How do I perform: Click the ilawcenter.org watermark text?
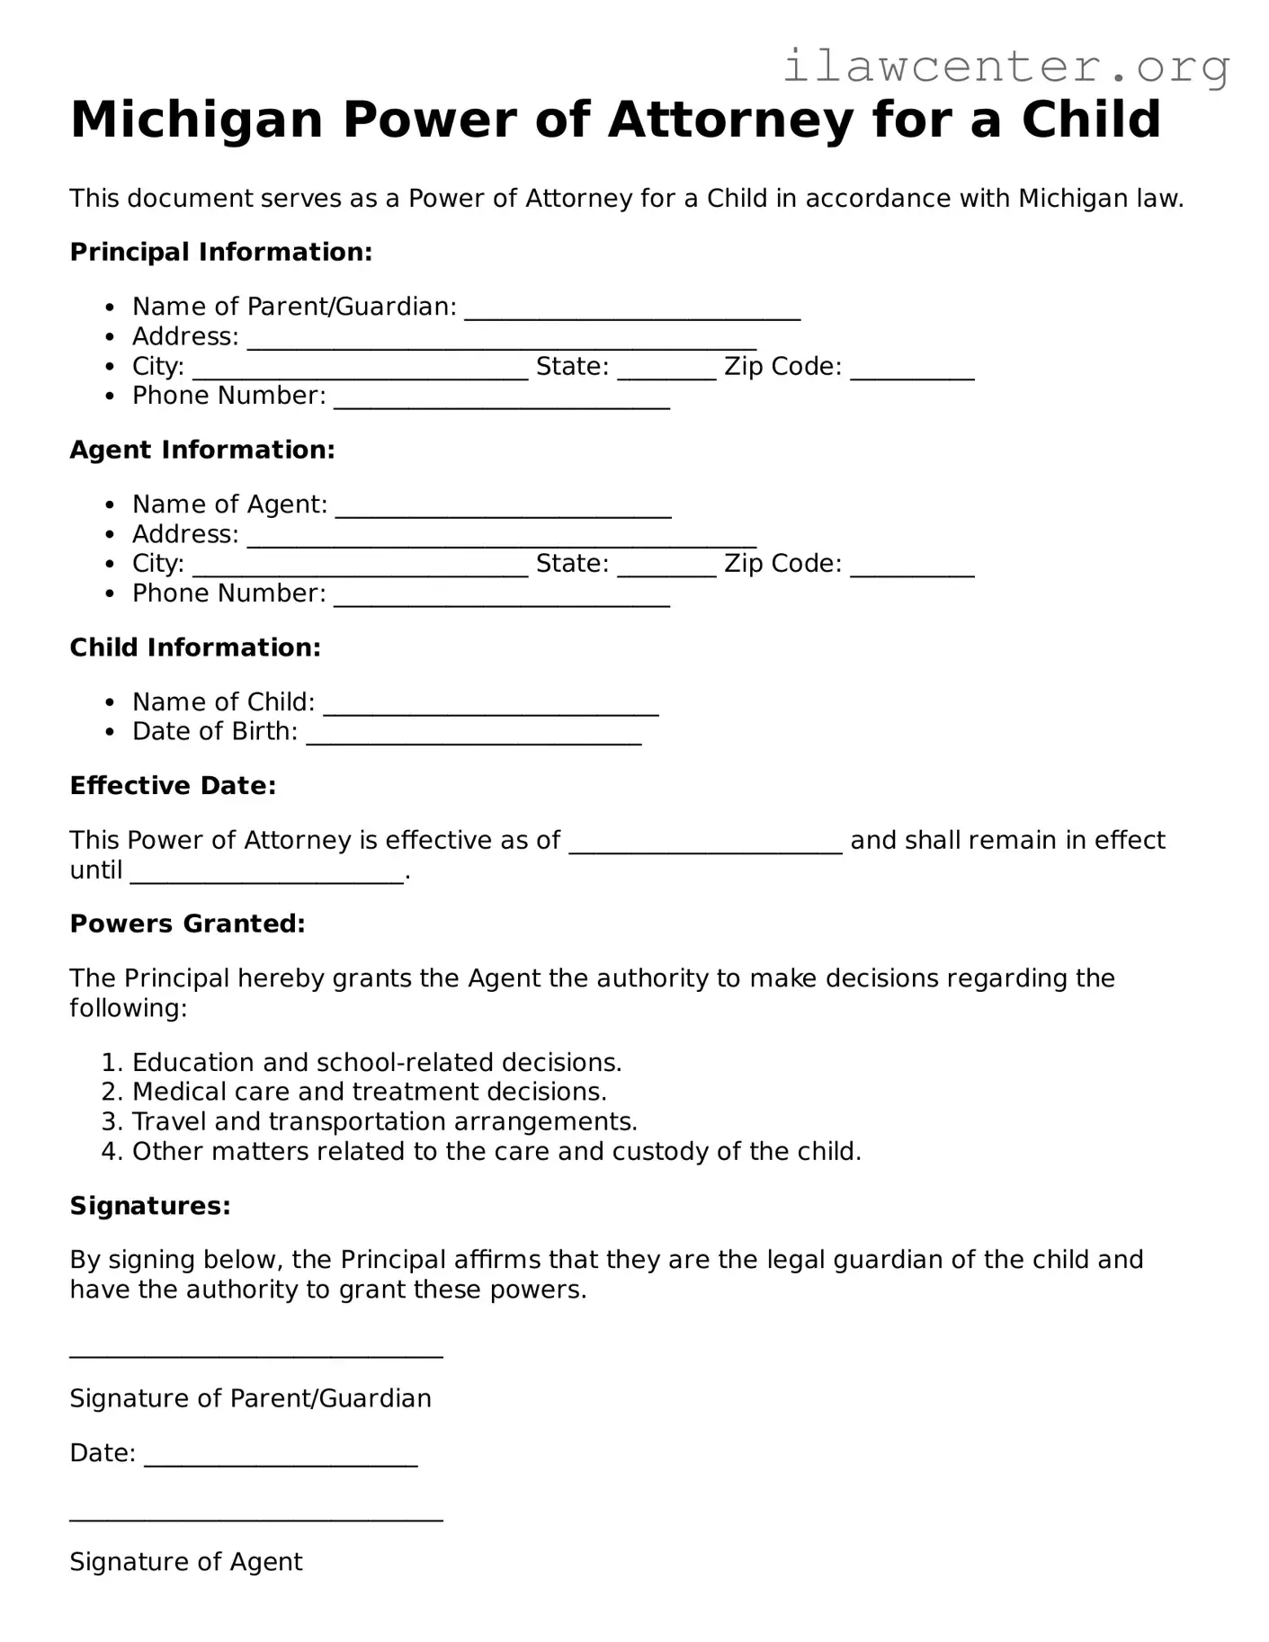tap(1005, 67)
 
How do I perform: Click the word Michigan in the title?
tap(196, 120)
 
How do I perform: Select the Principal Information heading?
tap(220, 252)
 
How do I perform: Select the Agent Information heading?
tap(202, 450)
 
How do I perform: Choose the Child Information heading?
tap(195, 647)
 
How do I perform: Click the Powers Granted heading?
tap(187, 924)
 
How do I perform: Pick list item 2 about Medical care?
tap(369, 1092)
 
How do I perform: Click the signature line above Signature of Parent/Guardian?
tap(256, 1352)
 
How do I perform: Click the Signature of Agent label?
tap(186, 1562)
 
